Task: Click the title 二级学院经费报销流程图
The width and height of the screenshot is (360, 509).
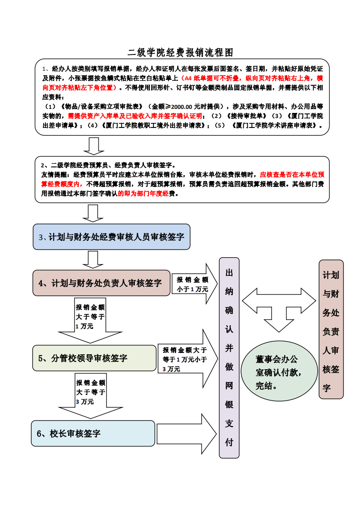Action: coord(180,53)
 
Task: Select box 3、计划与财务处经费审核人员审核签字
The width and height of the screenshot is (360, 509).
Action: coord(111,237)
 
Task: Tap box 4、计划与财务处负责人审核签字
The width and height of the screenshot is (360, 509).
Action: coord(101,283)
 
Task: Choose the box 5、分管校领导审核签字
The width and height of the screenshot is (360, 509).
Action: coord(94,358)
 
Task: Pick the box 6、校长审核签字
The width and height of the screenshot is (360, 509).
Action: coord(93,433)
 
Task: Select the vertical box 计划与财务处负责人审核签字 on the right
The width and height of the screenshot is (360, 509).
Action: coord(331,329)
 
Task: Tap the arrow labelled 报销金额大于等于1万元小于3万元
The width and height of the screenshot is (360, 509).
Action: coord(186,359)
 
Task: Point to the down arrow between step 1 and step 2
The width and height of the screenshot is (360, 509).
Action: coord(94,146)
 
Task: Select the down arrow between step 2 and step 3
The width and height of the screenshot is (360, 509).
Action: coord(94,213)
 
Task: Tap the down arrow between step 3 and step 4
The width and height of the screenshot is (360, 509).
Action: coord(94,259)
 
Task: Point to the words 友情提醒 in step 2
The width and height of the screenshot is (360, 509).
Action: coord(53,174)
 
